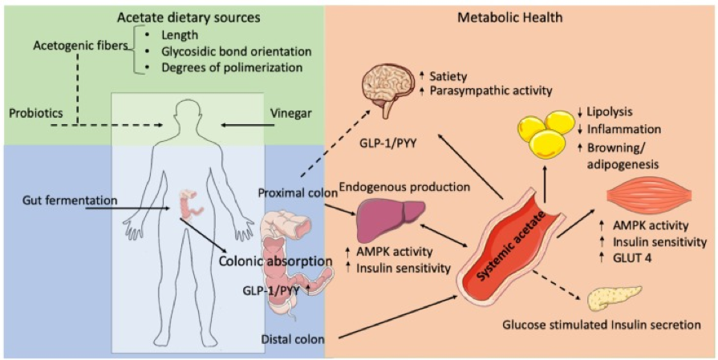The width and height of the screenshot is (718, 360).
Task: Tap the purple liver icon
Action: pos(390,216)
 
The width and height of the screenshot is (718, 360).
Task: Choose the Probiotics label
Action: pos(36,112)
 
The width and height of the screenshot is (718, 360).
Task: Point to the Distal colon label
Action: pos(293,339)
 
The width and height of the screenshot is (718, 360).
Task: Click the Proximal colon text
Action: pos(298,192)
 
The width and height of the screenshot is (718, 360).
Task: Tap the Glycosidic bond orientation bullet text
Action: pos(237,51)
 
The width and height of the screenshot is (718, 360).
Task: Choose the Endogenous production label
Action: pos(406,187)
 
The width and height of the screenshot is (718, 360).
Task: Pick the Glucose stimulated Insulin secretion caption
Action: pos(602,326)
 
